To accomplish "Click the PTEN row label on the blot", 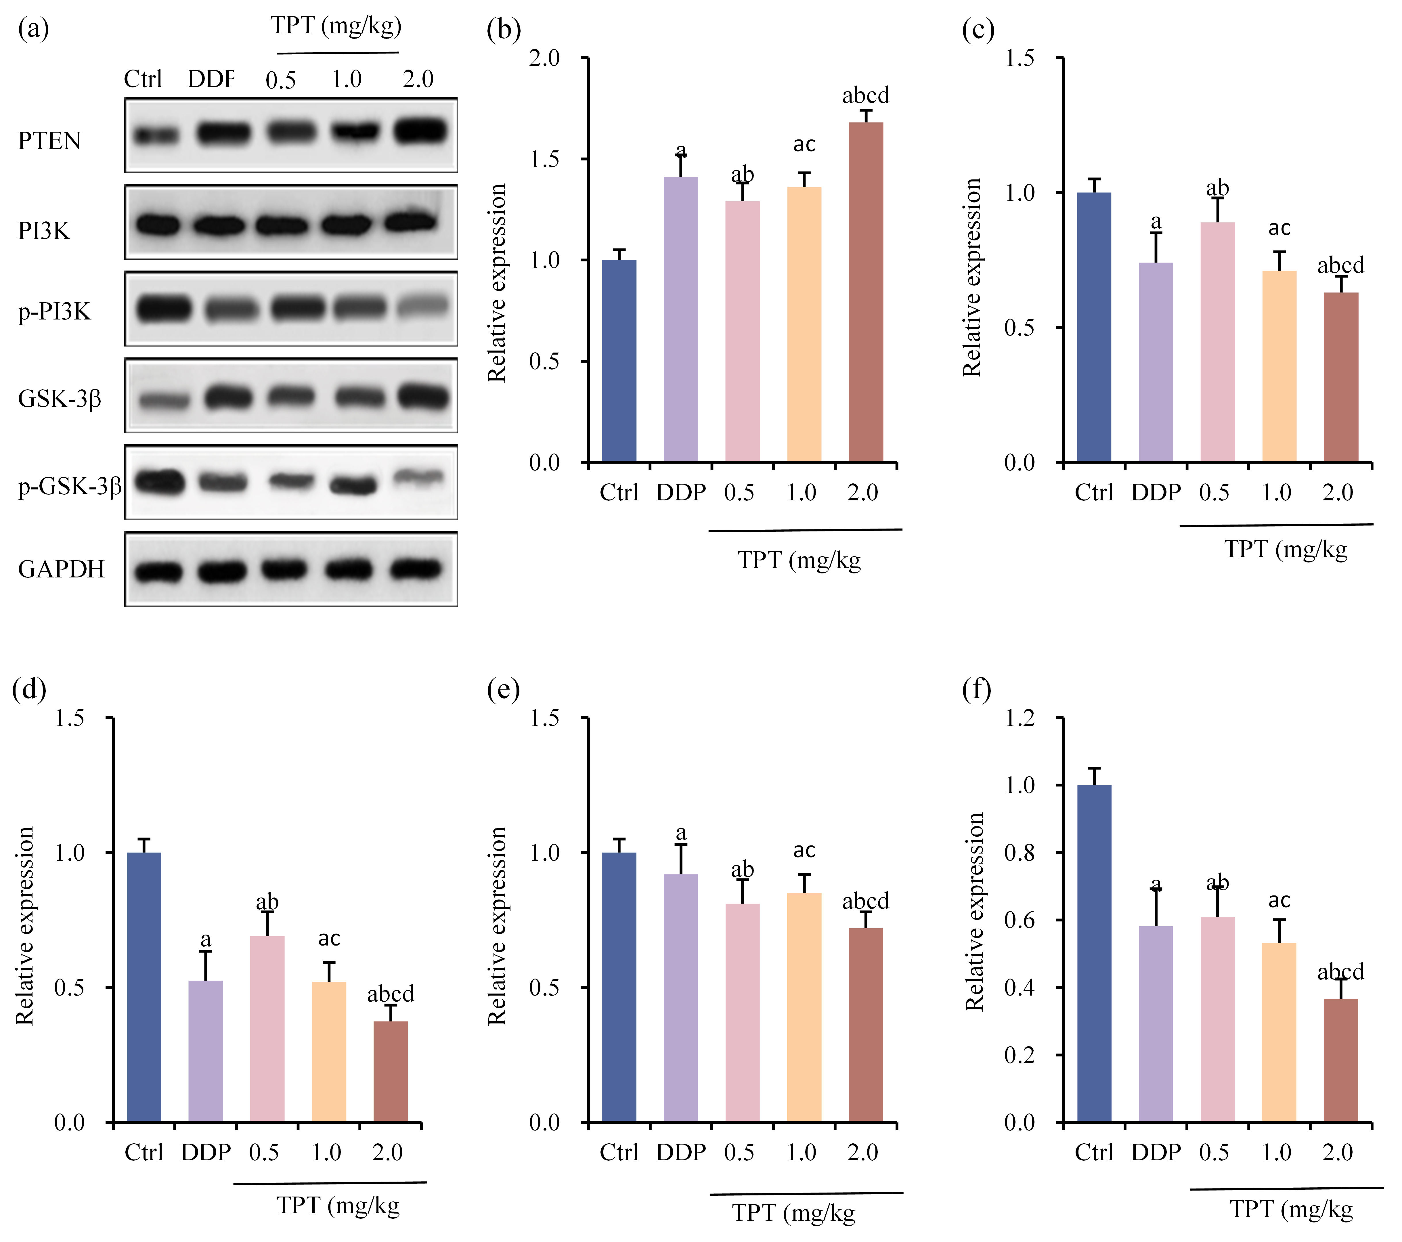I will click(x=49, y=141).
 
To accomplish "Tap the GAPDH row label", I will click(x=61, y=569).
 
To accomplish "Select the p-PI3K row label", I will click(x=54, y=312).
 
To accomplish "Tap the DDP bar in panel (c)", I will click(x=1156, y=362).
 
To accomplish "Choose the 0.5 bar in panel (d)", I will click(x=267, y=1029).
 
